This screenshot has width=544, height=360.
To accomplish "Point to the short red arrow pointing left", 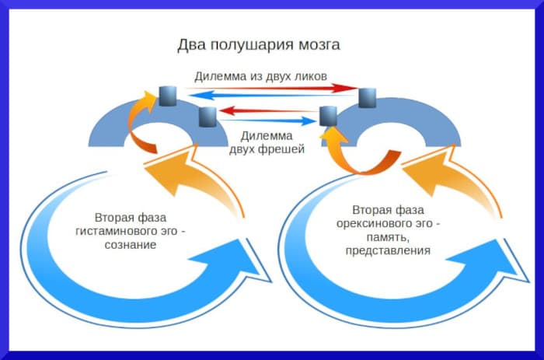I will (268, 110).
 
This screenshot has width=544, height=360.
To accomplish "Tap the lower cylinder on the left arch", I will (207, 117).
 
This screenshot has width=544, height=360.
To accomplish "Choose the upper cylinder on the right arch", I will (368, 97).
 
